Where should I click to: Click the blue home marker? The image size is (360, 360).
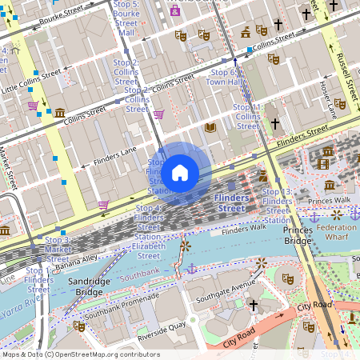tap(180, 172)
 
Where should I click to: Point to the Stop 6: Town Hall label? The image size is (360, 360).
tap(223, 77)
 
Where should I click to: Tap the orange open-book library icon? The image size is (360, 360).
tap(210, 127)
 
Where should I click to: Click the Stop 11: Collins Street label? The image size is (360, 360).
tap(247, 116)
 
